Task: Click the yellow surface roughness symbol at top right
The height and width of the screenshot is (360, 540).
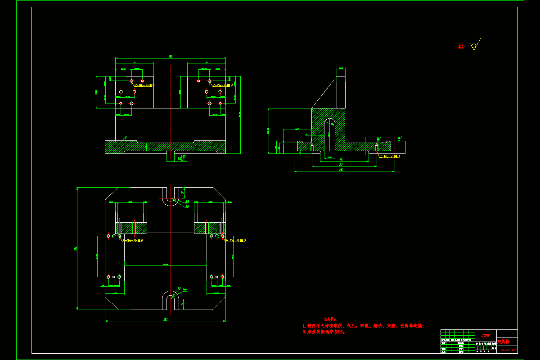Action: (474, 46)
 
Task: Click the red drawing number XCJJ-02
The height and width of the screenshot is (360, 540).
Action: (508, 349)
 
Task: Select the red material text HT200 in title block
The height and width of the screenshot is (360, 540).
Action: (486, 335)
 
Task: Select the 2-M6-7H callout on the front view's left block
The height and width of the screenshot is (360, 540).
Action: (144, 85)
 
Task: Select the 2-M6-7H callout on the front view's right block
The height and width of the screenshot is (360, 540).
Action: (222, 85)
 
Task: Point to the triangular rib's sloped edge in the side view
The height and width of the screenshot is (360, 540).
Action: (324, 92)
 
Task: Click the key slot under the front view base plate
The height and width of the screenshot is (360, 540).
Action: (171, 155)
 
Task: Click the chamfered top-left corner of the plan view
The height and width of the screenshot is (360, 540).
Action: (111, 194)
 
